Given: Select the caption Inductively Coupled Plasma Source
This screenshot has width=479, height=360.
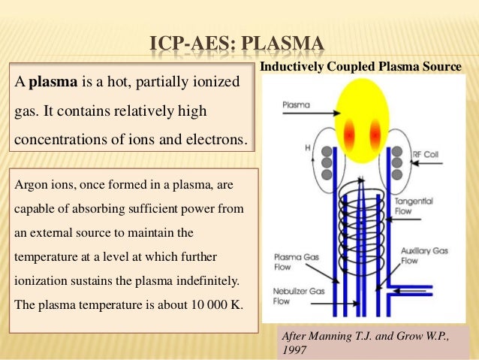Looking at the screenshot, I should tap(360, 68).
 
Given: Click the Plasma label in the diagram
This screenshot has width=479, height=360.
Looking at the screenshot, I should tap(296, 106).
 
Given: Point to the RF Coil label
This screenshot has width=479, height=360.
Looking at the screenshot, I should tap(427, 154).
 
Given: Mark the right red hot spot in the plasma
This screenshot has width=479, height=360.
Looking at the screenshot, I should tap(375, 134).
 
